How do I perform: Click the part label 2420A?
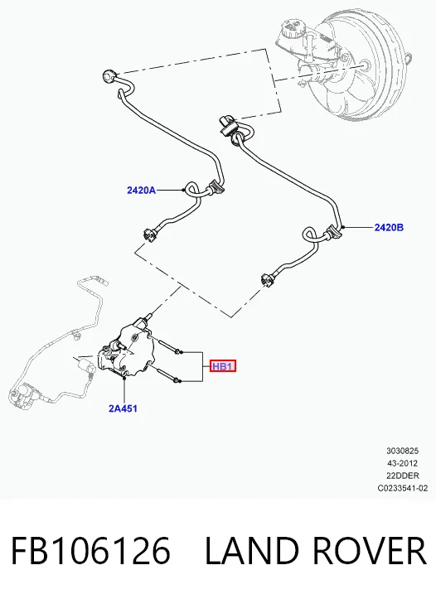tap(141, 190)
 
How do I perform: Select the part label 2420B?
tap(389, 228)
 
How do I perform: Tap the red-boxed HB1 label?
tap(223, 366)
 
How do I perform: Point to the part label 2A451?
tap(123, 408)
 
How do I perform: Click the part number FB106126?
tap(90, 550)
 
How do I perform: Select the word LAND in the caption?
tap(252, 550)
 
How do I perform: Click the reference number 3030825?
tap(402, 451)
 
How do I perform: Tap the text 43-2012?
tap(402, 463)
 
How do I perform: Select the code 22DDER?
tap(402, 476)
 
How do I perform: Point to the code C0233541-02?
tap(402, 488)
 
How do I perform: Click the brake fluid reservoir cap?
tap(293, 27)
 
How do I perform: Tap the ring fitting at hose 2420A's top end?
tap(109, 75)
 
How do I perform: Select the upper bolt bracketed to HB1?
tap(167, 345)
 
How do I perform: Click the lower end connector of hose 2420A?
tap(149, 234)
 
